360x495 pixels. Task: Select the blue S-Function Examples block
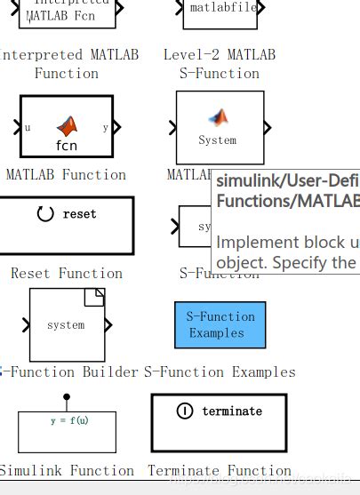220,324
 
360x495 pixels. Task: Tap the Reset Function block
68,226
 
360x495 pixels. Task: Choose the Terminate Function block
219,422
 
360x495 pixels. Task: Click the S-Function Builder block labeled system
67,324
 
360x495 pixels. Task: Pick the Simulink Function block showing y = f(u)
67,431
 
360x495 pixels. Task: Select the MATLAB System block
220,127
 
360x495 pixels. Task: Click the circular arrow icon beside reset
45,214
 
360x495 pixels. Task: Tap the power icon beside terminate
185,411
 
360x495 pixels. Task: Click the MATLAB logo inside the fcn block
67,125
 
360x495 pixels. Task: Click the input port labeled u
28,127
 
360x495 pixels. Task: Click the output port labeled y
105,127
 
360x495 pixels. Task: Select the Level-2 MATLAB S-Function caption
220,64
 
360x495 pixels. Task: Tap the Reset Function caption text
67,274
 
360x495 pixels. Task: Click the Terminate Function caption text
220,471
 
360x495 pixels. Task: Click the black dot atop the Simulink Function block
67,397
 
